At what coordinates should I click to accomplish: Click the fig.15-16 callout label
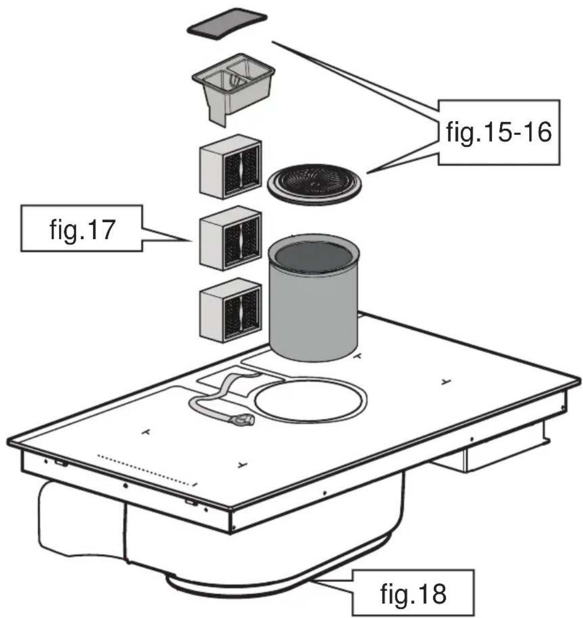point(499,132)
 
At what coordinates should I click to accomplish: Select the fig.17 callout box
point(82,228)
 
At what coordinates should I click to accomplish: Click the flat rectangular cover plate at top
point(227,24)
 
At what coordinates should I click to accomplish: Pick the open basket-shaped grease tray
point(233,89)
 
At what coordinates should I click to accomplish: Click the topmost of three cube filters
point(230,166)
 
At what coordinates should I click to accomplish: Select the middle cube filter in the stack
point(230,238)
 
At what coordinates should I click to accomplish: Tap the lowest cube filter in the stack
point(230,310)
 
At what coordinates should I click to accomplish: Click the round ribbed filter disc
point(314,185)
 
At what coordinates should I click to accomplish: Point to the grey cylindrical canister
point(313,298)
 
